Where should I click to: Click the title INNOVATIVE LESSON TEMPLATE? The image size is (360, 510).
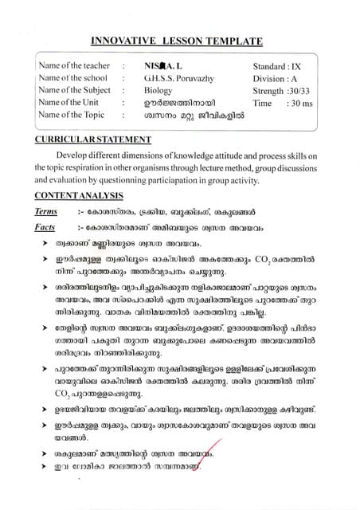[x=179, y=40]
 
